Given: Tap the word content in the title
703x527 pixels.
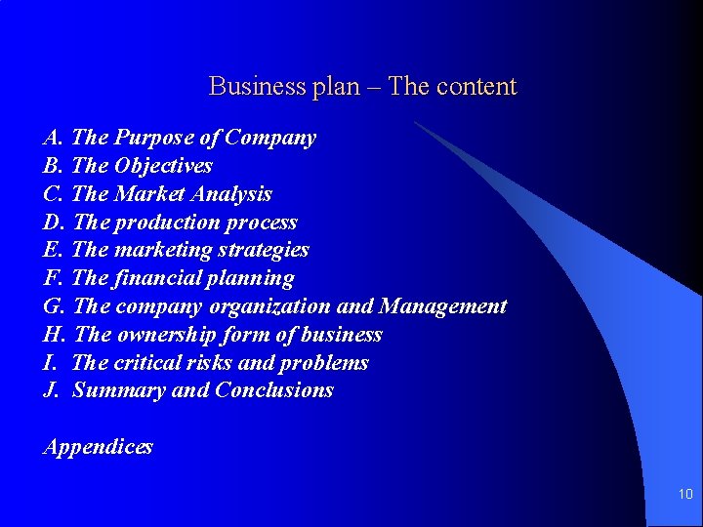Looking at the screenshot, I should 476,87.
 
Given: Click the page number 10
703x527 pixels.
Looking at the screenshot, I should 684,495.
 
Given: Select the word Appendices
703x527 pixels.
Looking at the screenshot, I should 98,447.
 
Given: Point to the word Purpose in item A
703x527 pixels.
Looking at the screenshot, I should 152,138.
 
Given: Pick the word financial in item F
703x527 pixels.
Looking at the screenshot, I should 157,278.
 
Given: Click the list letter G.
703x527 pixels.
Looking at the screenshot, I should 53,306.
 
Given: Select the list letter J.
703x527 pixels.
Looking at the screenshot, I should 50,391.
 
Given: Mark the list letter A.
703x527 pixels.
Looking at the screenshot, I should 52,138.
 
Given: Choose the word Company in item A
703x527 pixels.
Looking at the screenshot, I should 270,138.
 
